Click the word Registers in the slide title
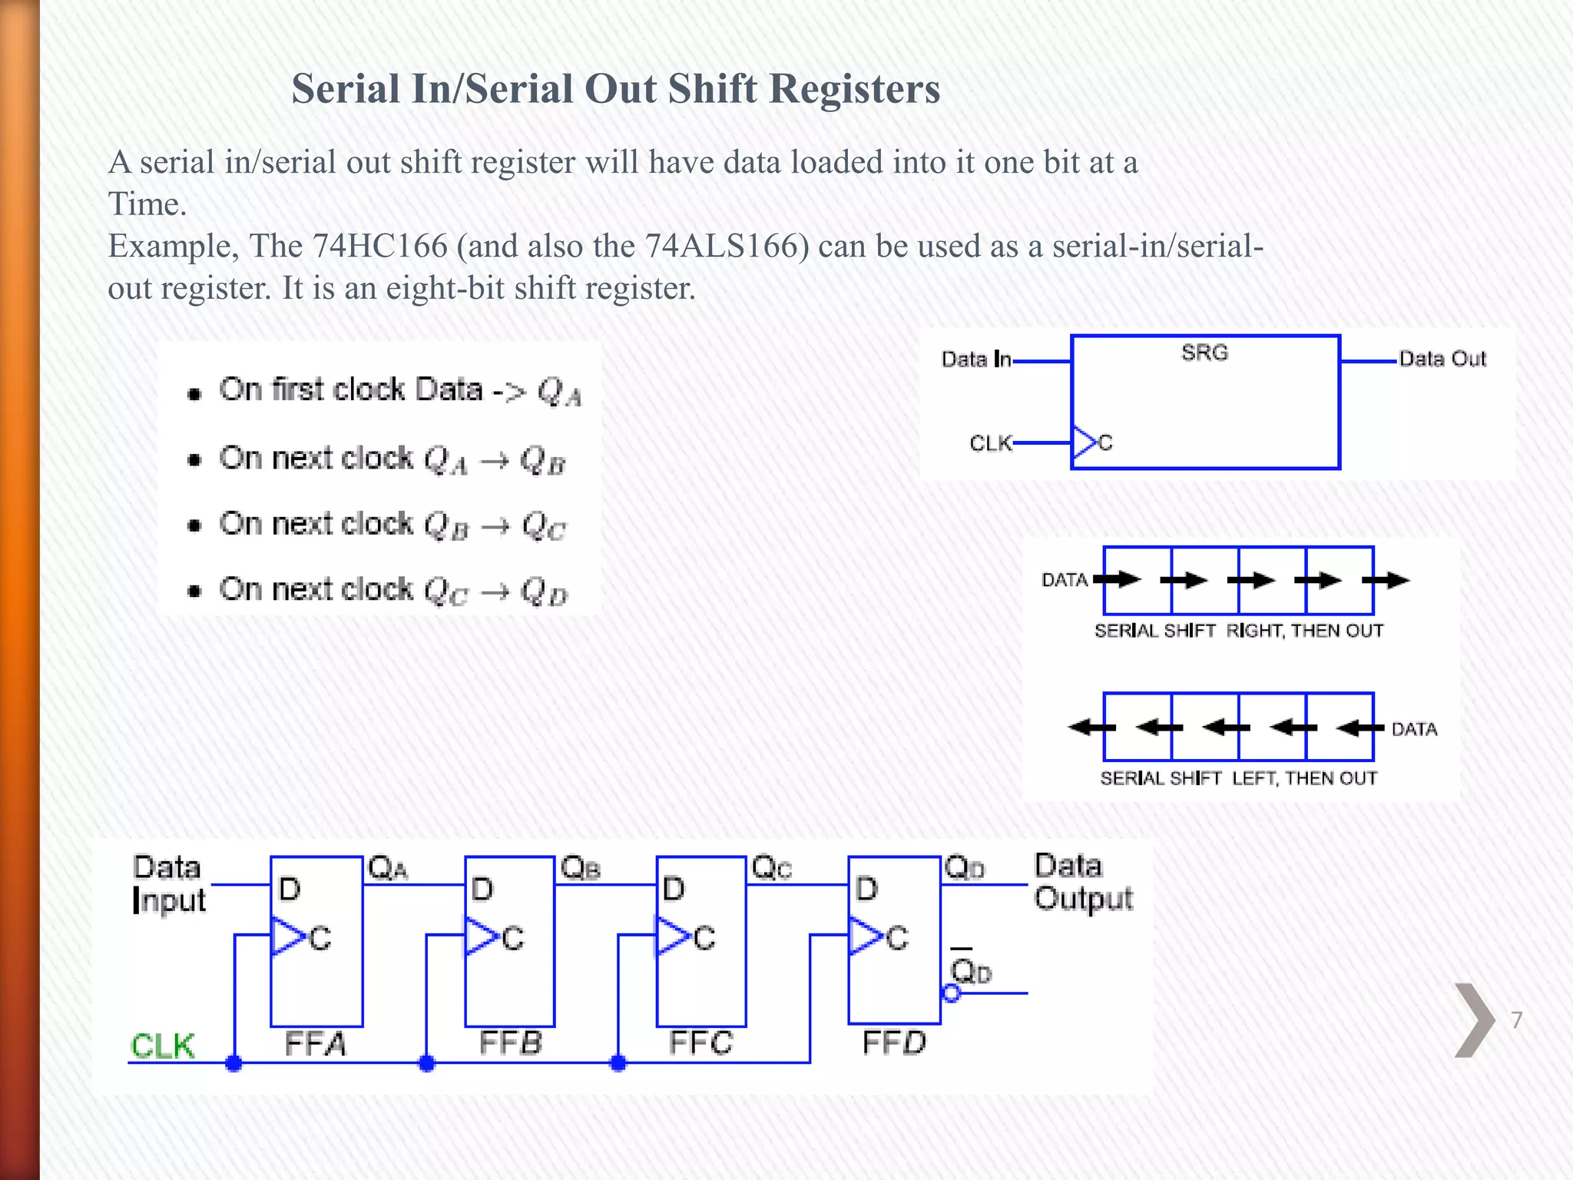[x=854, y=89]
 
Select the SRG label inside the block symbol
[x=1204, y=353]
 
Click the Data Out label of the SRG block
[x=1442, y=359]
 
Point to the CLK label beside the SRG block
[x=990, y=443]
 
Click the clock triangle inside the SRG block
[x=1084, y=442]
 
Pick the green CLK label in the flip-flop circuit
[x=162, y=1046]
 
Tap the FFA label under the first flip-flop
[x=315, y=1044]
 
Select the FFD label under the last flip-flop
[x=894, y=1042]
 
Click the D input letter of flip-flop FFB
[x=482, y=890]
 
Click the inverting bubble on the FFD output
[x=951, y=993]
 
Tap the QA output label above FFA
[x=387, y=869]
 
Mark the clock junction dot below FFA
[x=234, y=1063]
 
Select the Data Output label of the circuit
[x=1082, y=882]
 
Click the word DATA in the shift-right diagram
[x=1064, y=580]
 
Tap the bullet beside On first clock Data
[x=194, y=394]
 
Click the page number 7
[x=1516, y=1020]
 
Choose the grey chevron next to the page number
[x=1473, y=1020]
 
